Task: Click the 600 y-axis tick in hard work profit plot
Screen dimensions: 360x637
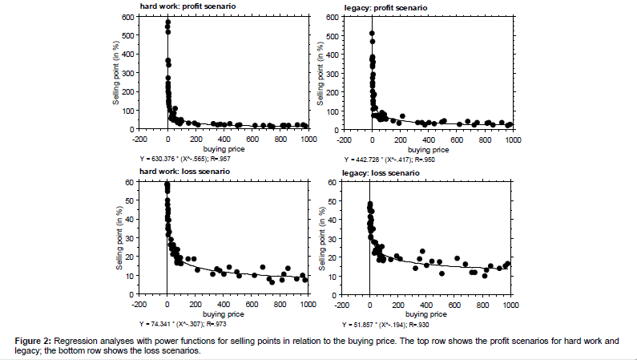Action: pos(127,17)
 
